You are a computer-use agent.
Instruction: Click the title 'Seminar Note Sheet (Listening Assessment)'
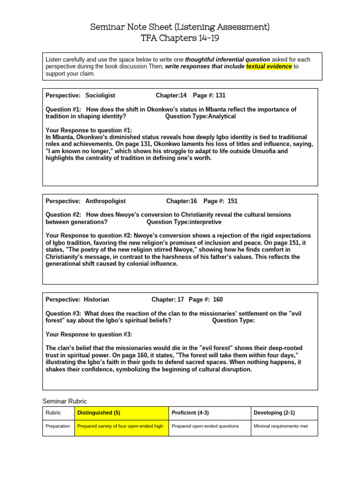[x=180, y=27]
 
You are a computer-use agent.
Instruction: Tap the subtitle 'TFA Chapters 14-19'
[x=180, y=38]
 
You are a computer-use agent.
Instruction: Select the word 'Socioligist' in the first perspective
[x=100, y=95]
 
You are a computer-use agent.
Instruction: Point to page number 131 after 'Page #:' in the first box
[x=220, y=95]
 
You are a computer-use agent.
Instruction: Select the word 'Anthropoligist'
[x=105, y=201]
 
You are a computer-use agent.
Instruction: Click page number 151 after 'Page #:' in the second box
[x=232, y=201]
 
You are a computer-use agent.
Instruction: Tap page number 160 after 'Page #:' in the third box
[x=218, y=300]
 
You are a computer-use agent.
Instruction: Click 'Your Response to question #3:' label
[x=89, y=334]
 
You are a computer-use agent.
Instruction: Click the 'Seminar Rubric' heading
[x=65, y=401]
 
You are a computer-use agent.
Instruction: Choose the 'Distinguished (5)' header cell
[x=99, y=413]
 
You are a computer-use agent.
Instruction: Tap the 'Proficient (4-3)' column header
[x=190, y=413]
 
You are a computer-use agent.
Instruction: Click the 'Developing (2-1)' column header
[x=274, y=413]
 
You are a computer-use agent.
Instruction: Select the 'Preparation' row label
[x=58, y=426]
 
